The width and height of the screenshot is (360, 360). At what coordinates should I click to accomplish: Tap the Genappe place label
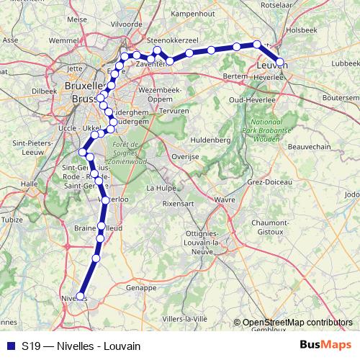pyautogui.click(x=141, y=287)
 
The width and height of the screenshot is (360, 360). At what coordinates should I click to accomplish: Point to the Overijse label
pyautogui.click(x=184, y=156)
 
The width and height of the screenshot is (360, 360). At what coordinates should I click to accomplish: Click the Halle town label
pyautogui.click(x=29, y=184)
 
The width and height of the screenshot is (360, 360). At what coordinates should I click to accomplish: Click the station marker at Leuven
pyautogui.click(x=280, y=63)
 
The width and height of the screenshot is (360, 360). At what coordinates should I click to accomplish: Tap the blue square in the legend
pyautogui.click(x=10, y=346)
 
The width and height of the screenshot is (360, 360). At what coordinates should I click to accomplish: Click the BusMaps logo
pyautogui.click(x=325, y=346)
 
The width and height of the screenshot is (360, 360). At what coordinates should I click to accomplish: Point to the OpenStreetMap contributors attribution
pyautogui.click(x=297, y=323)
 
